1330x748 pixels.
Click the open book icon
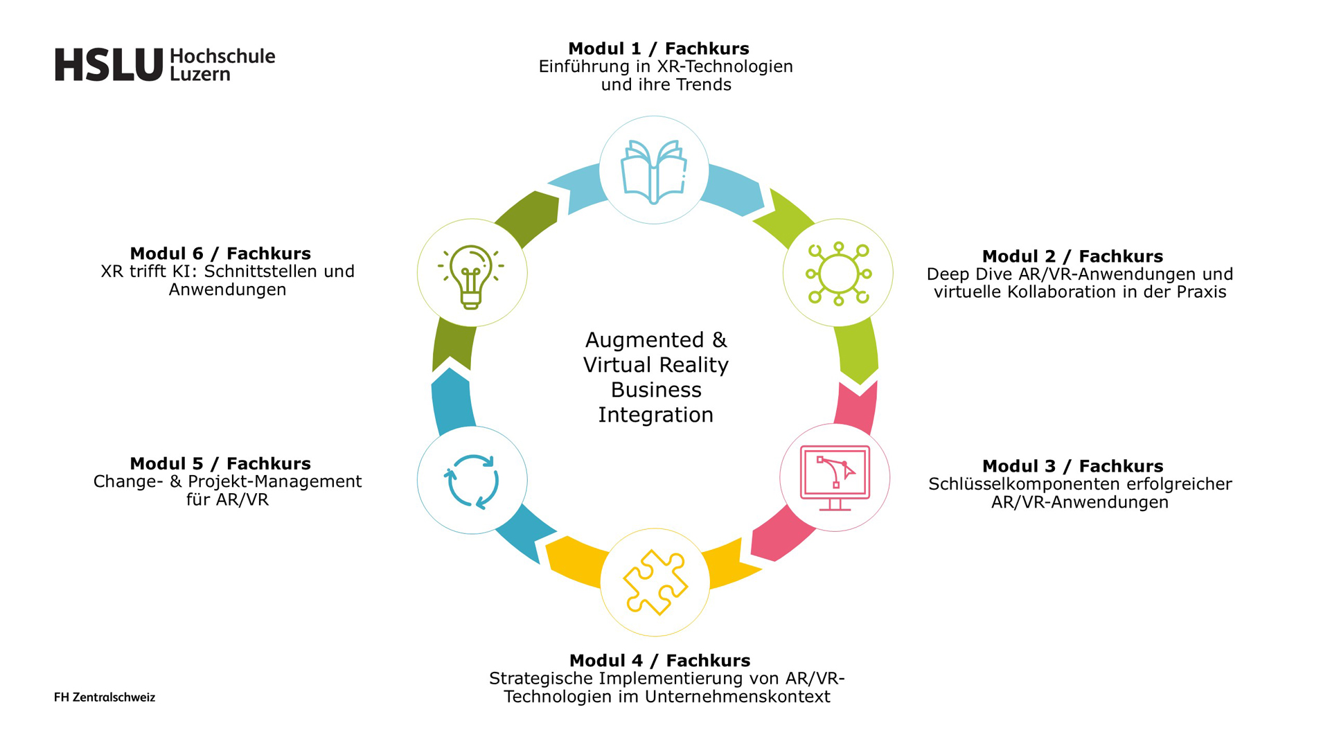click(654, 171)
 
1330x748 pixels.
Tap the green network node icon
click(838, 274)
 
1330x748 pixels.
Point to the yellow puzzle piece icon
click(655, 582)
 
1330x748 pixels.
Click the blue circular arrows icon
click(472, 481)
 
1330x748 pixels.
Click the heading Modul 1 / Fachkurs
click(658, 48)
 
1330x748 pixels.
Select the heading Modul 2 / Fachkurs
click(1072, 256)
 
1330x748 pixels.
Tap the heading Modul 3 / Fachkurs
click(1072, 466)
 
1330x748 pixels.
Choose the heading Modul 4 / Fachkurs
click(659, 661)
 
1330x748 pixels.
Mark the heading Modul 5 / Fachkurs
click(220, 463)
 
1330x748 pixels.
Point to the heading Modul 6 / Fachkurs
click(220, 253)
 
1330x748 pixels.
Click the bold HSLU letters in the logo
click(109, 65)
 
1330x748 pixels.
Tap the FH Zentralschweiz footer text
click(105, 697)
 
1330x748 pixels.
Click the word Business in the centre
click(656, 390)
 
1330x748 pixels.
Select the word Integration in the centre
click(655, 415)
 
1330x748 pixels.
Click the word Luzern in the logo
click(199, 74)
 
